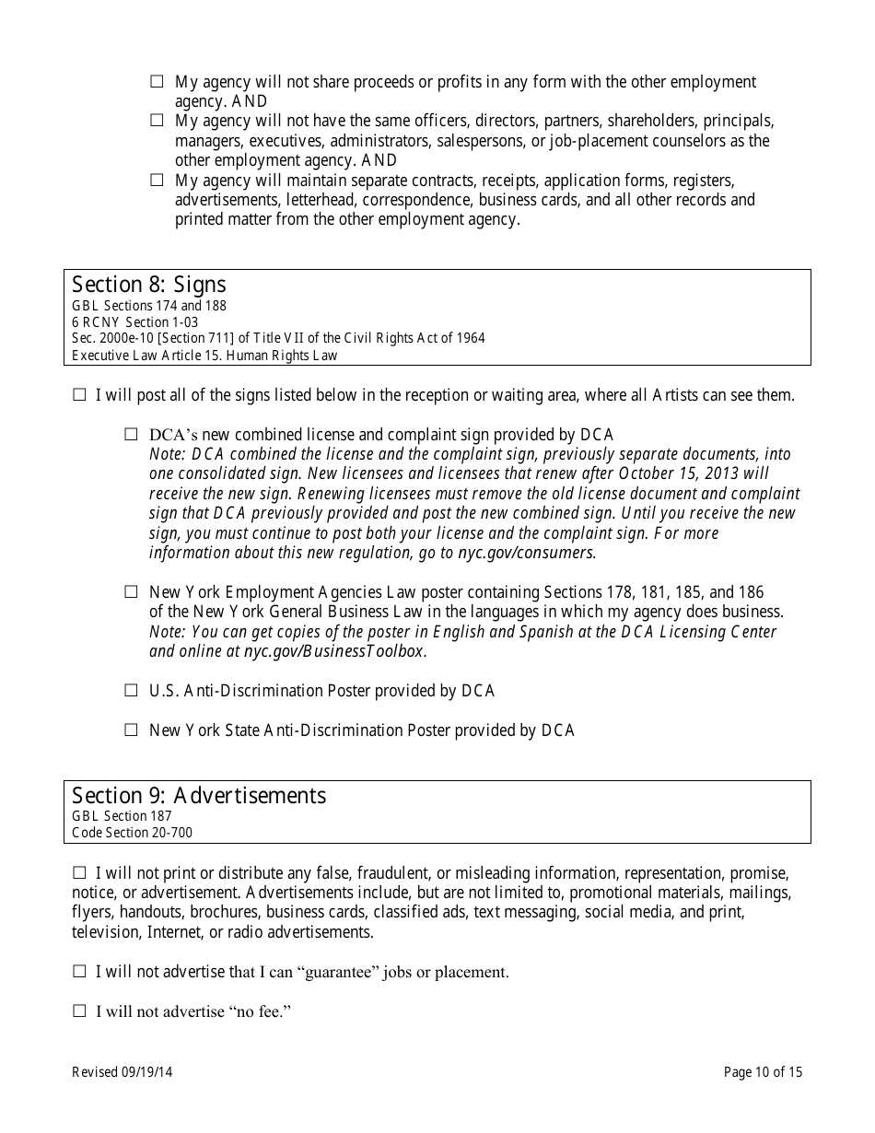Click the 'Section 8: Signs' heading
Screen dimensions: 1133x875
(148, 284)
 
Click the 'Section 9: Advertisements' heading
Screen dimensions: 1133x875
(199, 795)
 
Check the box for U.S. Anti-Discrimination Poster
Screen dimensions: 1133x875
(131, 691)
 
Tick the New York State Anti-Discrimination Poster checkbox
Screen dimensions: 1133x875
(131, 730)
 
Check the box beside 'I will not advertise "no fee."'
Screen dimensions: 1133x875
(79, 1011)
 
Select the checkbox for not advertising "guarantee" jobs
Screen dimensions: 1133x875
(79, 972)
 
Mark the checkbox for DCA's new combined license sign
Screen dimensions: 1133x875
(131, 435)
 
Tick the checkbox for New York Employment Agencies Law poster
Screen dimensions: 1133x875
(131, 592)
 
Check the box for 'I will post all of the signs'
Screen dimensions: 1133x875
(79, 395)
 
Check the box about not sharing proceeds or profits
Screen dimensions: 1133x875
(157, 82)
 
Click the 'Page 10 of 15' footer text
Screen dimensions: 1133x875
(763, 1072)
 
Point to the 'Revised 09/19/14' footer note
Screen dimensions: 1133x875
(122, 1072)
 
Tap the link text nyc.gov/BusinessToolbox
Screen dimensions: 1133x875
(333, 651)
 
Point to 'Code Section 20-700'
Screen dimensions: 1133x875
(132, 833)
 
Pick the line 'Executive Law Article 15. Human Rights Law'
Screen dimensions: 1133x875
(204, 356)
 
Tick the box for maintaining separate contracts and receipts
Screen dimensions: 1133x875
(157, 181)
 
